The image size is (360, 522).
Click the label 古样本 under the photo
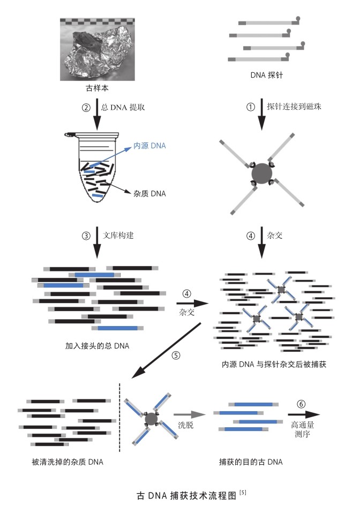pyautogui.click(x=94, y=87)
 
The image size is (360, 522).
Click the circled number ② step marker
pyautogui.click(x=85, y=107)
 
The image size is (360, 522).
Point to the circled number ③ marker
pyautogui.click(x=85, y=234)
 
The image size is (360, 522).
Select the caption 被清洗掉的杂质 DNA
pyautogui.click(x=67, y=462)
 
